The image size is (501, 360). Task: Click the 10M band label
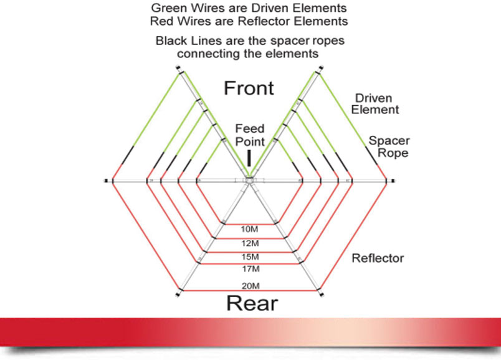tap(249, 229)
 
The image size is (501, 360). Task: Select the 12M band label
tap(250, 244)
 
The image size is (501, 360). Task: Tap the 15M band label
tap(250, 257)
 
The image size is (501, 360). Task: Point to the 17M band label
tap(251, 269)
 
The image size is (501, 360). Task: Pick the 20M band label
tap(250, 286)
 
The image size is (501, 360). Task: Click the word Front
tap(249, 88)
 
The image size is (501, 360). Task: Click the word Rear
tap(252, 303)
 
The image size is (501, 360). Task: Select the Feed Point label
tap(250, 135)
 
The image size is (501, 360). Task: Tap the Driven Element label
tap(375, 104)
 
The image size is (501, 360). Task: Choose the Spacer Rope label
tap(389, 146)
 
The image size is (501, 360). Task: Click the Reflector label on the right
tap(378, 258)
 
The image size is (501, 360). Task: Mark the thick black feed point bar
tap(249, 158)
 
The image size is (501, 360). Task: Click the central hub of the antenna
tap(249, 181)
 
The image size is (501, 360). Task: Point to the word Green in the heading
tap(168, 7)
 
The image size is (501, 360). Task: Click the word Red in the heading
tap(161, 21)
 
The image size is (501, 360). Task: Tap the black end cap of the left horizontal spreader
tap(106, 181)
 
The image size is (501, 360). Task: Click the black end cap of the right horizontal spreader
tap(393, 181)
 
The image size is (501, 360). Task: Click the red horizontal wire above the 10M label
tap(249, 224)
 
